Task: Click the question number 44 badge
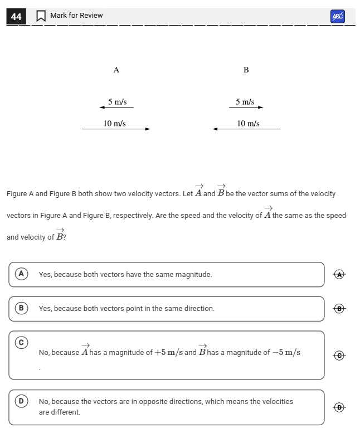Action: (16, 17)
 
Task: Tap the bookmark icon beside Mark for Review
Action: (41, 17)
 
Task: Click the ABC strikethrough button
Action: (337, 17)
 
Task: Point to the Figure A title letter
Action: (116, 70)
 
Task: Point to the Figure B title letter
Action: (246, 70)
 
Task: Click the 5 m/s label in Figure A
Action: (118, 102)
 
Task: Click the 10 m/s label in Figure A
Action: (115, 123)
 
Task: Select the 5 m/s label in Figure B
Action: (245, 102)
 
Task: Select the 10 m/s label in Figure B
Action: (248, 123)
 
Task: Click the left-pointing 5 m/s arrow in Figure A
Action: (116, 108)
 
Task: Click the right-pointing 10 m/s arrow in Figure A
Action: (116, 129)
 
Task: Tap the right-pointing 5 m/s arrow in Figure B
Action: (246, 108)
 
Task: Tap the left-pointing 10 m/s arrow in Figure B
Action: (246, 129)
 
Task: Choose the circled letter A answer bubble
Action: (21, 274)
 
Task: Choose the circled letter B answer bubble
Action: (21, 308)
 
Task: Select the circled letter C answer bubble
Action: (21, 342)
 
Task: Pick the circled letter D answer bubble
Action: (21, 401)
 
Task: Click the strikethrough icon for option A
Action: (340, 274)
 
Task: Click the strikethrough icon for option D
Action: (340, 407)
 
